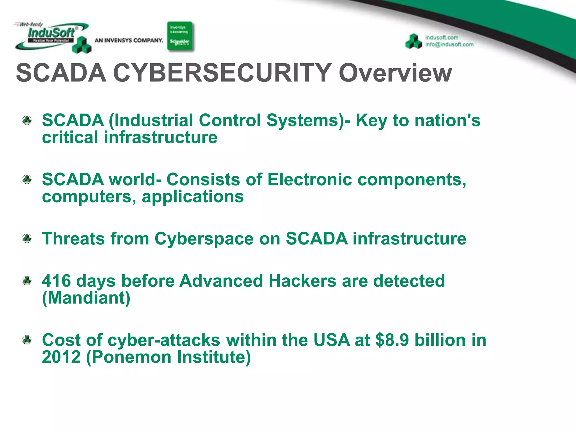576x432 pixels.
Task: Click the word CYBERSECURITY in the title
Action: click(x=222, y=73)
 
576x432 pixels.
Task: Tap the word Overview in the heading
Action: click(x=395, y=73)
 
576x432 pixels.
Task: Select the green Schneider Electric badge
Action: click(x=180, y=36)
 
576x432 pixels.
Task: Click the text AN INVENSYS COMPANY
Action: click(x=129, y=40)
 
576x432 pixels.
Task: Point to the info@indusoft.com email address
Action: click(x=449, y=44)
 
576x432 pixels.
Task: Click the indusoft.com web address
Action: click(x=442, y=37)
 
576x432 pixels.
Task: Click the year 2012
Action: click(x=61, y=357)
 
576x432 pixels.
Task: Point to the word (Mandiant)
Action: click(x=86, y=298)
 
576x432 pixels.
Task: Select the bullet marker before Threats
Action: click(x=27, y=238)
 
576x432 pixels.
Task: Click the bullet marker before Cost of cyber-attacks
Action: click(x=27, y=340)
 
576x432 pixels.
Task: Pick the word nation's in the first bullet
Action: click(x=447, y=120)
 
